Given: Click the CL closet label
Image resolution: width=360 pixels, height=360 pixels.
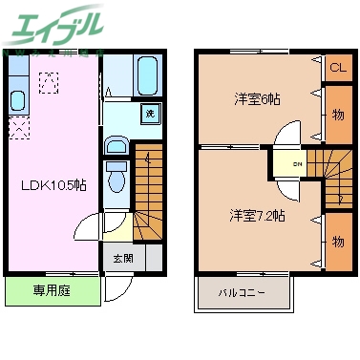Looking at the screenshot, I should coord(337,68).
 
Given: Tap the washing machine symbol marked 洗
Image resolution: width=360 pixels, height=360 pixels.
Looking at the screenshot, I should coord(150,114).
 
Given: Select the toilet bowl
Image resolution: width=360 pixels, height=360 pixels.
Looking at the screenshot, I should coord(117,177).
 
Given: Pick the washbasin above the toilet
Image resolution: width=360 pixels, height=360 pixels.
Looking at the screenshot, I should coord(116,146).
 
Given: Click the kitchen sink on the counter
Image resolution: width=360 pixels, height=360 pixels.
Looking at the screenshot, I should coord(16,100).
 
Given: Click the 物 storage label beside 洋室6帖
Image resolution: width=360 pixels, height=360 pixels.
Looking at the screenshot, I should coord(338,114).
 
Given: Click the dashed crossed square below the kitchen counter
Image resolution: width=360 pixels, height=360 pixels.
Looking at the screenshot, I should coord(17,126).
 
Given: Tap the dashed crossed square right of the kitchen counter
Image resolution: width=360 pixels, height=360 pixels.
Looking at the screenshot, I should coord(49,81).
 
